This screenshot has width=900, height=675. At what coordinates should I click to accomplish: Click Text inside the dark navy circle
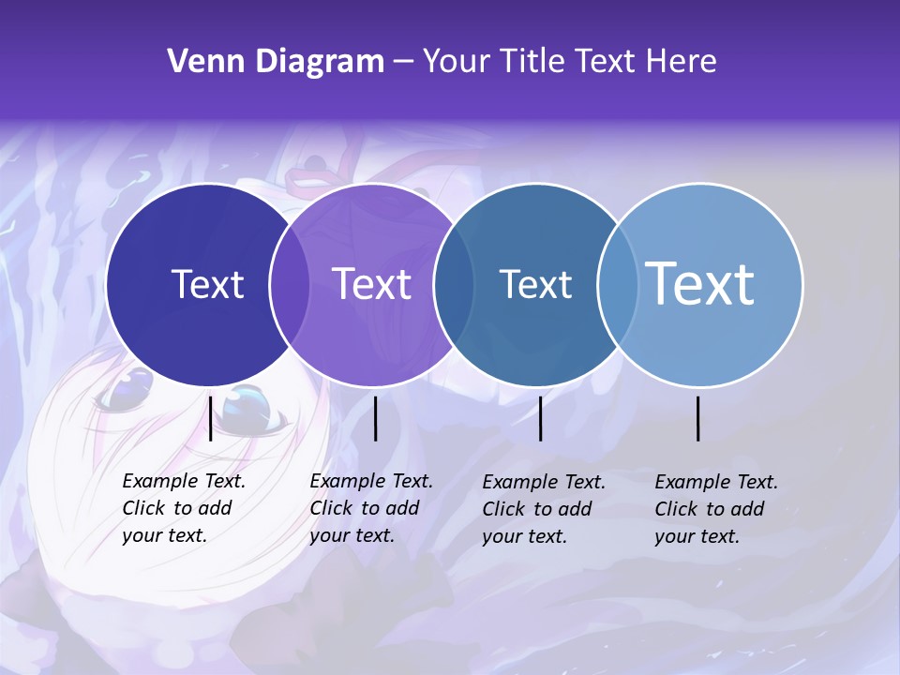point(207,284)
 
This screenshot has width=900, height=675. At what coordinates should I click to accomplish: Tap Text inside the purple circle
point(372,284)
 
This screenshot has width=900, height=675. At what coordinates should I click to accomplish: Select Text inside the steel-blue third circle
point(535,284)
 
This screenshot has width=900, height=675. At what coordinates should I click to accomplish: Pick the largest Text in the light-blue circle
point(700,284)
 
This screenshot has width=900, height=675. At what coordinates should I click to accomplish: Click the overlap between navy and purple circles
point(290,284)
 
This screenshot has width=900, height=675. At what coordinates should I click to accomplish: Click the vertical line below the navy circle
point(211,418)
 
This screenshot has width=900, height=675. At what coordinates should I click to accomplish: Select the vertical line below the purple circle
point(376,418)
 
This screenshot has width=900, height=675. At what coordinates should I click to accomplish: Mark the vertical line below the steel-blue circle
point(541,418)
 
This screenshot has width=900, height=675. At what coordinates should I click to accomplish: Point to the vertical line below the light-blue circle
point(698,418)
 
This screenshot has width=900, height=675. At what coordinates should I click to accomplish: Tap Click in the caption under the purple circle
point(331,508)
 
